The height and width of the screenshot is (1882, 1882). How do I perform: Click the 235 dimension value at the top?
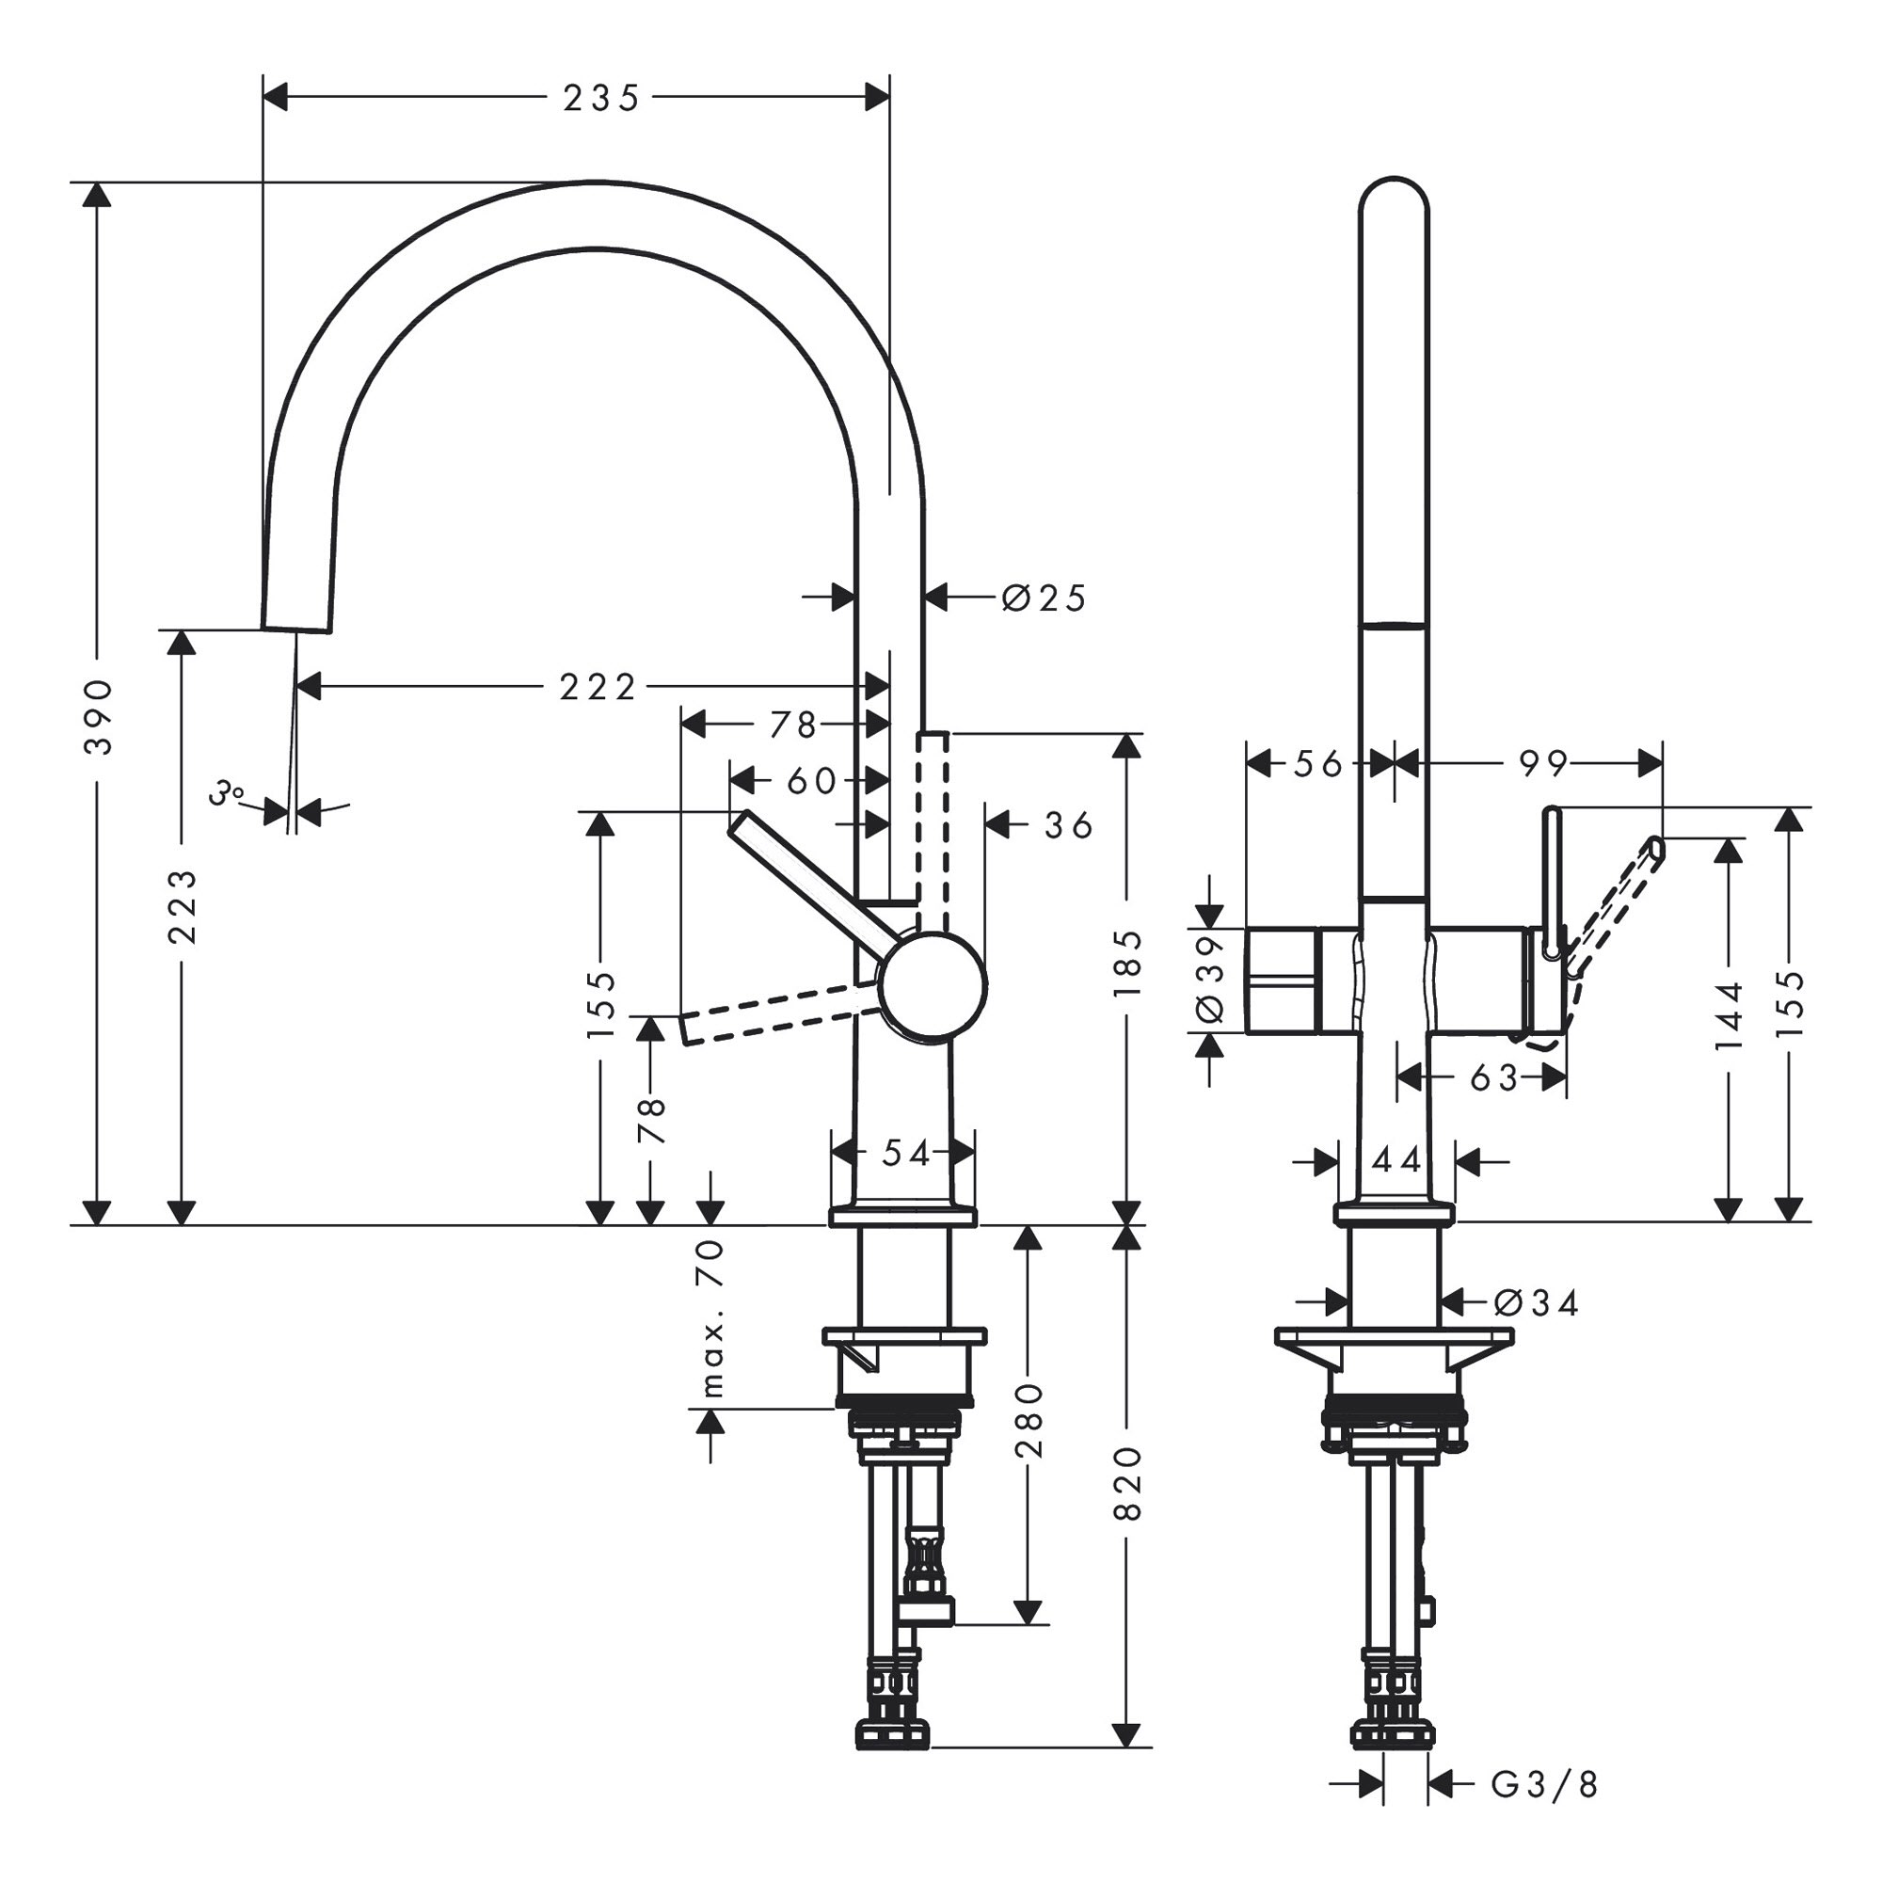(x=601, y=99)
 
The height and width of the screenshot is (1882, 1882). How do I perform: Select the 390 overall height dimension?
(x=99, y=718)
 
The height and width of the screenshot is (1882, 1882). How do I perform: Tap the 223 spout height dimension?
(x=183, y=907)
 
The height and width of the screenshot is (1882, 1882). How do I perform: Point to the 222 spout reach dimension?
(x=598, y=688)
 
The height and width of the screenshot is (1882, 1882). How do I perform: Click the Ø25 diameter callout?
(x=1044, y=598)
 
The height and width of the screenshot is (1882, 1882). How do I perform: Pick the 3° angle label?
(x=227, y=792)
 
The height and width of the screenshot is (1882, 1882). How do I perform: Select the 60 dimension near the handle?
(x=811, y=780)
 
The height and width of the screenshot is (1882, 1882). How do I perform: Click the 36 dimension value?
(x=1069, y=826)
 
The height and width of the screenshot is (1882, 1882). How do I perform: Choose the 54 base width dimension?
(x=906, y=1154)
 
